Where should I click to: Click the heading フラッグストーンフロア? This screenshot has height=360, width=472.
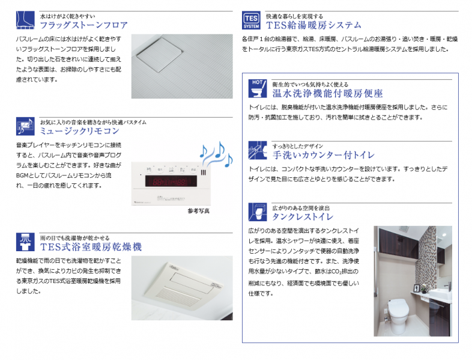(83, 25)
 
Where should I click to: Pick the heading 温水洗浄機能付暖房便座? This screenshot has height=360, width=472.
(327, 94)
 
